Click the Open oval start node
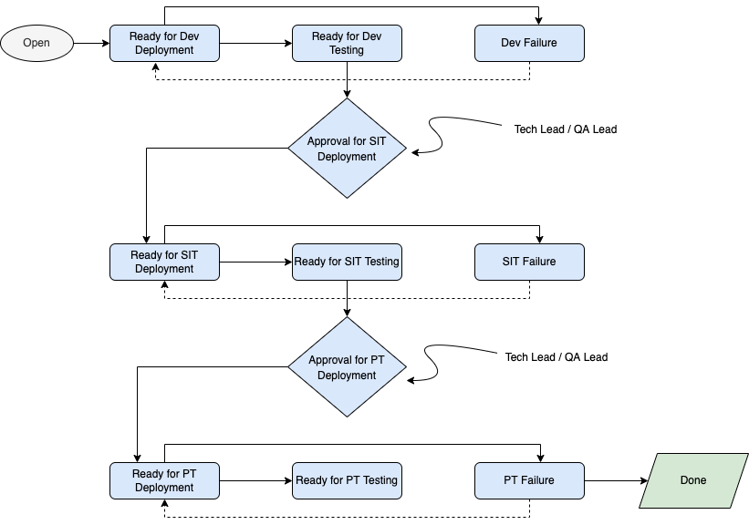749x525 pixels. point(36,43)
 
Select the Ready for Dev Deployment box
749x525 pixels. point(164,43)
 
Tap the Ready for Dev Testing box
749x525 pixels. point(347,43)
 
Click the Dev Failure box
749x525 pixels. point(529,43)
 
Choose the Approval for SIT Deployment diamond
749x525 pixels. point(347,149)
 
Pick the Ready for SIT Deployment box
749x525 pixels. point(164,262)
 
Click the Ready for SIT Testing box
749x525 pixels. point(347,262)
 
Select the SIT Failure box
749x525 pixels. point(529,262)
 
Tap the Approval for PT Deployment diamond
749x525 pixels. point(347,367)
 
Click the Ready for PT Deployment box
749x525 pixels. point(164,480)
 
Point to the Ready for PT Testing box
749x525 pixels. point(347,480)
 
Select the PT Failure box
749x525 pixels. point(529,480)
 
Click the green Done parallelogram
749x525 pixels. point(692,480)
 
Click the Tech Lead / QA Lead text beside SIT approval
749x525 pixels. point(566,129)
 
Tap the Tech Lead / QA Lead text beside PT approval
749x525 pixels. point(557,357)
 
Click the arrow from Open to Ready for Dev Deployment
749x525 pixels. point(91,43)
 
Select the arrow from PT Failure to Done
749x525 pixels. point(616,480)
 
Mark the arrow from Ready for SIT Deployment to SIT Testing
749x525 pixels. point(255,262)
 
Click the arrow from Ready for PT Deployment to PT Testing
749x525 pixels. point(255,480)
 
